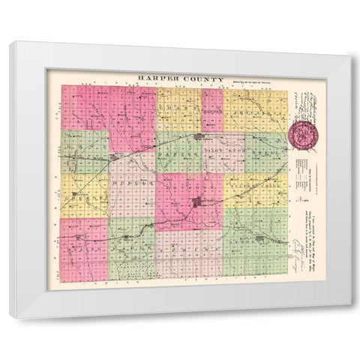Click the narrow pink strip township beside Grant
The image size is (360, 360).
tap(211, 109)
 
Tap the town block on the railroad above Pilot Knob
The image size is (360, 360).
tap(199, 137)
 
